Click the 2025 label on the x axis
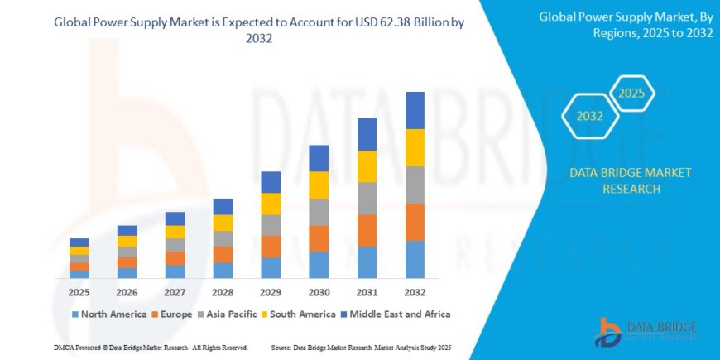click(x=79, y=293)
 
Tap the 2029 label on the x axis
click(x=271, y=293)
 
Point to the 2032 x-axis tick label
click(x=415, y=293)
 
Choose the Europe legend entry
click(x=171, y=314)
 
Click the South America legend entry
click(x=299, y=314)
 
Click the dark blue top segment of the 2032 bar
click(x=415, y=110)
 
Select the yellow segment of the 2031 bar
click(x=367, y=166)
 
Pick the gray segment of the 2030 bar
click(x=319, y=212)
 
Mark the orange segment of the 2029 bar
click(x=271, y=246)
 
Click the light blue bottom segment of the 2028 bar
click(x=223, y=270)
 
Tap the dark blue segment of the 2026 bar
click(x=127, y=230)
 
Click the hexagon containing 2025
click(x=631, y=93)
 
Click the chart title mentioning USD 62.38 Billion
click(x=259, y=31)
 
